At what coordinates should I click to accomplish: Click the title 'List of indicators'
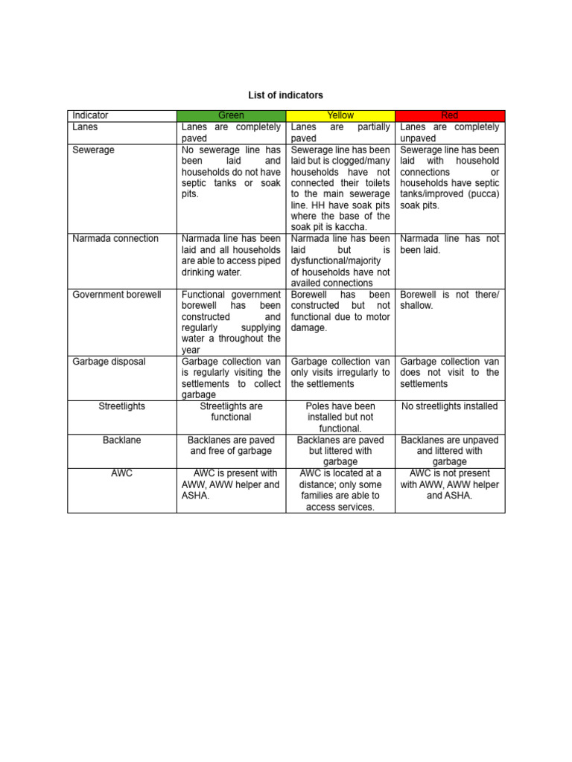(x=285, y=95)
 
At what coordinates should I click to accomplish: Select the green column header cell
(x=231, y=115)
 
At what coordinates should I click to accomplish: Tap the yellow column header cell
(x=340, y=115)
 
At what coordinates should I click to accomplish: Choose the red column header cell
(x=449, y=115)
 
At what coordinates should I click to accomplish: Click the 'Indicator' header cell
(x=90, y=115)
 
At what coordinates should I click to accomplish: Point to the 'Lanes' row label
(x=85, y=127)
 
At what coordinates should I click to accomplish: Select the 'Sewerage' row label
(x=93, y=150)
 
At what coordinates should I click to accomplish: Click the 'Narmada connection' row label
(x=115, y=239)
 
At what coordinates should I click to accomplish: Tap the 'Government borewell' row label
(x=117, y=295)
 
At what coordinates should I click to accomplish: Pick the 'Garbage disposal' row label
(x=109, y=362)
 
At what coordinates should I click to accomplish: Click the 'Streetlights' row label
(x=122, y=406)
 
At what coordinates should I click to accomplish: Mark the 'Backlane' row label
(x=122, y=440)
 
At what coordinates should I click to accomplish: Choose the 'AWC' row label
(x=122, y=473)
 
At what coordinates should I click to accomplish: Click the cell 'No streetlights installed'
(x=449, y=406)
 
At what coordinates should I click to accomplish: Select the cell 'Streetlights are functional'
(x=231, y=412)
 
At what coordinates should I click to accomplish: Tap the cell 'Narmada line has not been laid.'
(x=449, y=244)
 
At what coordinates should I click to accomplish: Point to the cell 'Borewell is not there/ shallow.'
(x=449, y=300)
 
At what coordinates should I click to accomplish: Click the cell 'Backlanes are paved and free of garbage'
(x=231, y=445)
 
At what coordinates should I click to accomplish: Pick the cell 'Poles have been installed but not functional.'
(x=340, y=417)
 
